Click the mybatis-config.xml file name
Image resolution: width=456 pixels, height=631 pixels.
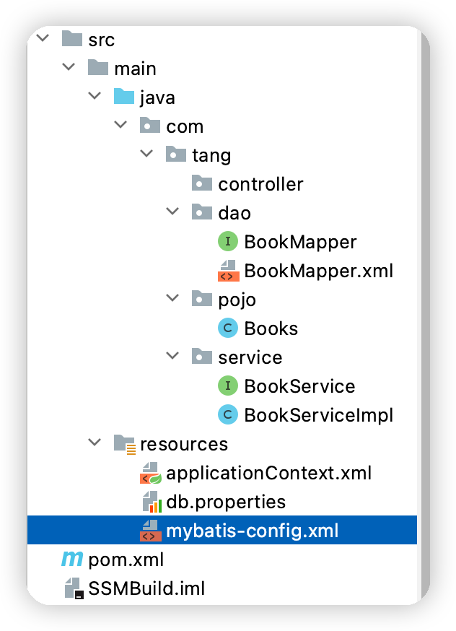(x=252, y=531)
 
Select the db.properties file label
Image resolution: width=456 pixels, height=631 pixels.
(x=226, y=502)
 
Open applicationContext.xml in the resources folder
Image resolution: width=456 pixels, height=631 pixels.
(x=268, y=474)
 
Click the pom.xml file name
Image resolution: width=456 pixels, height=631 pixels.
(x=126, y=560)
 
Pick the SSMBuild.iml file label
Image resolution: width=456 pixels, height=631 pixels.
(x=146, y=588)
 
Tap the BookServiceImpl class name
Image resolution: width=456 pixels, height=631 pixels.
(x=318, y=415)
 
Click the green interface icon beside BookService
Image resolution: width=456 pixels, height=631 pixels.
(x=228, y=386)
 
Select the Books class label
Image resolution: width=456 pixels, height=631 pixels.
(x=271, y=328)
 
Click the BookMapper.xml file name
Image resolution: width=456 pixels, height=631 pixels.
(x=318, y=271)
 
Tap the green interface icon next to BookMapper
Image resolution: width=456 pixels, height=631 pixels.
(x=228, y=241)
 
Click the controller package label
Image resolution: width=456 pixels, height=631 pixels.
(x=260, y=184)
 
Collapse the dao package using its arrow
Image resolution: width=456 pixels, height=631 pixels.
(x=172, y=212)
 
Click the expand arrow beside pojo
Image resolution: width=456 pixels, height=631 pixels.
(x=172, y=297)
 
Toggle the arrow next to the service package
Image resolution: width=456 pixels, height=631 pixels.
(x=172, y=355)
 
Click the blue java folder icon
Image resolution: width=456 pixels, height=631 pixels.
(x=124, y=97)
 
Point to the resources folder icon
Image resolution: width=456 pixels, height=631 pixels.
(x=124, y=444)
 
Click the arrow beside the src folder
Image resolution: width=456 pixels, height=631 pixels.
(x=43, y=38)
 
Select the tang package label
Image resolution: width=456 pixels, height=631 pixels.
(x=211, y=156)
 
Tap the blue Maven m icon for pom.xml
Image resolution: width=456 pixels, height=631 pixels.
(x=72, y=560)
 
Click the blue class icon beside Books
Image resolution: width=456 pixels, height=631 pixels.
(x=228, y=328)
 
